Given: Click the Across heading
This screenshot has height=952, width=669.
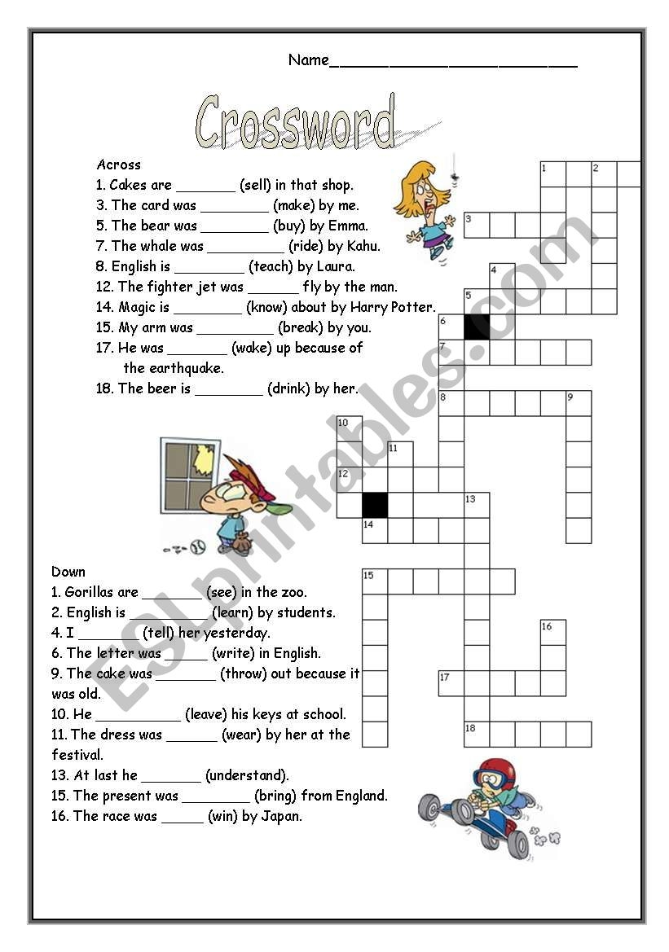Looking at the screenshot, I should (118, 165).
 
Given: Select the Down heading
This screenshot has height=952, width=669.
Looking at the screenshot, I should (68, 572).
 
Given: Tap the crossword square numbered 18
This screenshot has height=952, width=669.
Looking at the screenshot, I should (477, 734).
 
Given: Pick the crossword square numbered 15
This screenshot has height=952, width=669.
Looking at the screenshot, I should (375, 581).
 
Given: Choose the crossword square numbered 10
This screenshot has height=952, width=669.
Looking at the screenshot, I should (350, 428).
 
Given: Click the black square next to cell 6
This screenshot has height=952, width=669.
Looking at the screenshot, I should (477, 327).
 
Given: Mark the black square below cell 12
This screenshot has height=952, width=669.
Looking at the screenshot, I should (375, 505).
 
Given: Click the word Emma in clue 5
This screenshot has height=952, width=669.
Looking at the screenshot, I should (349, 226).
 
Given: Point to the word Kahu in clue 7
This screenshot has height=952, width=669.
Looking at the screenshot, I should (361, 246).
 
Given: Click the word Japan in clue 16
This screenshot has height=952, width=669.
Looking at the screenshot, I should (282, 816).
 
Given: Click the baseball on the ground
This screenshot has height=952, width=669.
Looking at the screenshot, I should (196, 546).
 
